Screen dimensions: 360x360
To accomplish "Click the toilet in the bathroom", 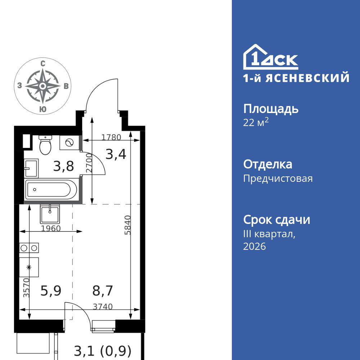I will [45, 145].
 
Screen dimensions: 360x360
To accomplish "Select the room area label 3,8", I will [63, 166].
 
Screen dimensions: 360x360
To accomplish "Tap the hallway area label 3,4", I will [116, 154].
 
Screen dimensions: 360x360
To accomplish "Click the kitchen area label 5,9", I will [50, 291].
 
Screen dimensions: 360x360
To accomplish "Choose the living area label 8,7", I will [103, 291].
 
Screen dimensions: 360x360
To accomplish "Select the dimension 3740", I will [103, 307].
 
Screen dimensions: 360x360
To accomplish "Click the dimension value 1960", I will [50, 228].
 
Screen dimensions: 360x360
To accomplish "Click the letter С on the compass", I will [43, 63].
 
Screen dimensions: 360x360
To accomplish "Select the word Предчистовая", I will [278, 179].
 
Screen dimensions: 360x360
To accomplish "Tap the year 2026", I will [255, 247].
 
